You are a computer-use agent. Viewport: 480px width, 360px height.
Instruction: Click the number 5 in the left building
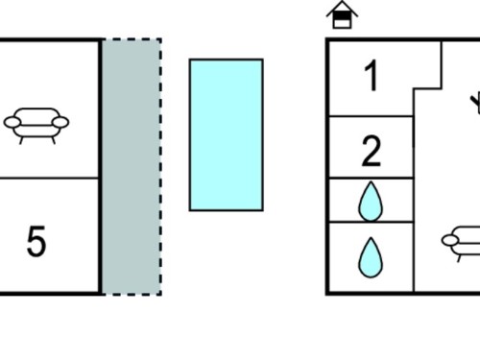[36, 241]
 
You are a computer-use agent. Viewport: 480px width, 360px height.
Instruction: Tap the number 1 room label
[372, 76]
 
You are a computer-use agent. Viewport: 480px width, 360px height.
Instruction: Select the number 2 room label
[372, 152]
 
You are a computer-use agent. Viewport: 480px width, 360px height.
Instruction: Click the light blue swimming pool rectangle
[227, 134]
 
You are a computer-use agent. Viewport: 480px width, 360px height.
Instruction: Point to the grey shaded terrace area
[132, 166]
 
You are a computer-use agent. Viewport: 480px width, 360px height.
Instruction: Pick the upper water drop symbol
[371, 202]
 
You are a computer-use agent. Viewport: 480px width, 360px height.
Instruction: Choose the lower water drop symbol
[371, 257]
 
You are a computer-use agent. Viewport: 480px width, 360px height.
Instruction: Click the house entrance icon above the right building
[342, 14]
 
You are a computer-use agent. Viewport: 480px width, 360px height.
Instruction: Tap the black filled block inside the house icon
[342, 16]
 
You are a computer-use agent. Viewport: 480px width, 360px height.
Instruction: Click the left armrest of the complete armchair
[12, 122]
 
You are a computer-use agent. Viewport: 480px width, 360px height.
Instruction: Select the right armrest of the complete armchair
[60, 122]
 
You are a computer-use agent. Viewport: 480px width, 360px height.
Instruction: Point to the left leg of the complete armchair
[21, 140]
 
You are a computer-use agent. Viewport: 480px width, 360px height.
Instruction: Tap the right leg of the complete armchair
[54, 140]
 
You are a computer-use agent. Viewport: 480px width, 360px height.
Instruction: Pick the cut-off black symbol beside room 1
[475, 103]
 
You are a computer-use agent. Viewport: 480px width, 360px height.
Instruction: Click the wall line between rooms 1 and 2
[371, 116]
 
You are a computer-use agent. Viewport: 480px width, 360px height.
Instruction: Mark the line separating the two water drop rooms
[371, 222]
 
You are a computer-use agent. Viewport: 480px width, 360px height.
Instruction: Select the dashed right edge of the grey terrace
[160, 166]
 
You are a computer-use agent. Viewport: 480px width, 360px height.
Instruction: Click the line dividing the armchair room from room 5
[49, 178]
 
